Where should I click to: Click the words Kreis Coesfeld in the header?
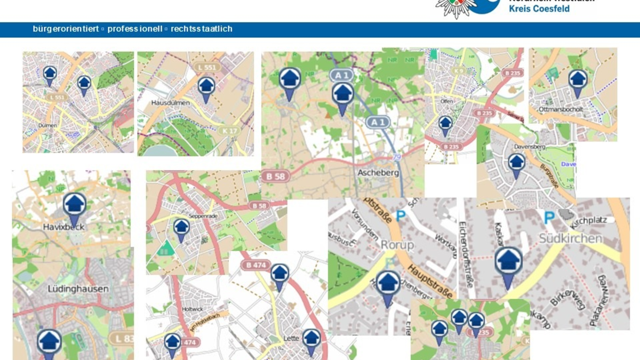tap(539, 9)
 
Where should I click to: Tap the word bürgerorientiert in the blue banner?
tap(66, 29)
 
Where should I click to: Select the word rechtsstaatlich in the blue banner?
tap(202, 29)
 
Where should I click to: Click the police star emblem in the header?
tap(456, 7)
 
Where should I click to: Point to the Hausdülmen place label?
tap(167, 102)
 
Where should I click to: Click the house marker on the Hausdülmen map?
tap(206, 87)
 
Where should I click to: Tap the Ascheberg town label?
tap(378, 173)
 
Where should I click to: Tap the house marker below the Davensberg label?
tap(516, 163)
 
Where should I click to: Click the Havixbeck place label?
tap(64, 227)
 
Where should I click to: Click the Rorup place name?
tap(397, 245)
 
